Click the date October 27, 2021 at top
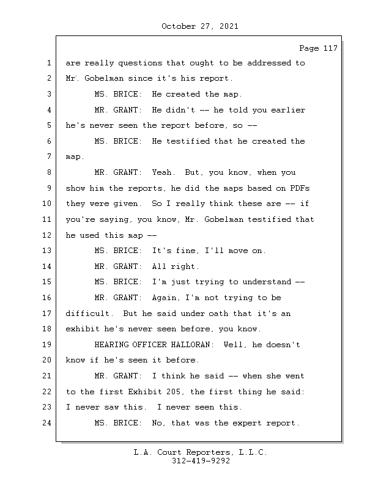(200, 26)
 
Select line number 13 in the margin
(49, 250)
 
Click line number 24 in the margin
(49, 422)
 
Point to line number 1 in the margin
(49, 62)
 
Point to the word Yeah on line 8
(164, 172)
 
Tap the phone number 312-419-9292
(200, 461)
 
